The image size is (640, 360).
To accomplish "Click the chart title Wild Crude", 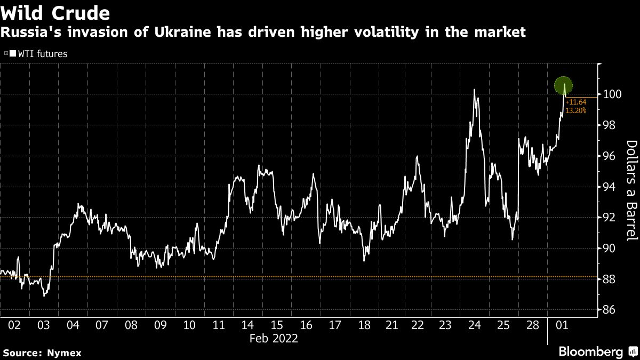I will (55, 13).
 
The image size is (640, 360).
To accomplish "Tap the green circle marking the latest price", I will (563, 85).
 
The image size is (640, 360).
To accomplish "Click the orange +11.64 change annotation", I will (576, 102).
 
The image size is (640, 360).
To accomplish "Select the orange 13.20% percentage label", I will (576, 110).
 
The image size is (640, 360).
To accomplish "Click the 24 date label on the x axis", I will (474, 325).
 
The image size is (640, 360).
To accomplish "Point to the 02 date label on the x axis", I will (15, 325).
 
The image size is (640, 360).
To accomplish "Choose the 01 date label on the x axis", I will (561, 325).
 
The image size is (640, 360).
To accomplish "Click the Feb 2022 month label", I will (273, 338).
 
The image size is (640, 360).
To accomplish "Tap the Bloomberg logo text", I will (590, 352).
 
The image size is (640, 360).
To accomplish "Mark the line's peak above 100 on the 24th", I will (474, 90).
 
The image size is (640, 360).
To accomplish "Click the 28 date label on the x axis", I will (532, 325).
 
